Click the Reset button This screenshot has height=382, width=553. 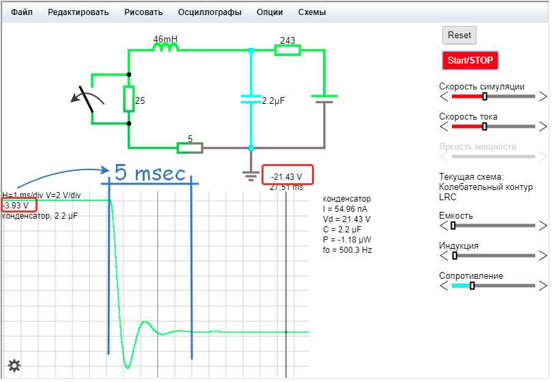459,35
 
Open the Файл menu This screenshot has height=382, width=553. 22,12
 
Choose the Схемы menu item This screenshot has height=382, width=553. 312,12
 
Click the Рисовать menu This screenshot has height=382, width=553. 143,12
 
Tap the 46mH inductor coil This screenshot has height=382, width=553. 165,49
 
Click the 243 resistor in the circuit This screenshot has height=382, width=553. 287,50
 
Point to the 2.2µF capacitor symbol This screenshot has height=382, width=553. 251,99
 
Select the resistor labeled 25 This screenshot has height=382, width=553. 129,99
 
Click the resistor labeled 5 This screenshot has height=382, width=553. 190,148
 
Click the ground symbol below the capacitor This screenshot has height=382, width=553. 251,174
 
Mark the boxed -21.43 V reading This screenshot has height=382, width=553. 287,176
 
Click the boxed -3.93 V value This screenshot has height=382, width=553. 18,205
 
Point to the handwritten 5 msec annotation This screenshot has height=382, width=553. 150,172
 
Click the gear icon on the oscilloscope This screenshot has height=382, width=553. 14,366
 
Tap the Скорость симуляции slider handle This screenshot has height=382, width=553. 485,96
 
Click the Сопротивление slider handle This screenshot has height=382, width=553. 472,286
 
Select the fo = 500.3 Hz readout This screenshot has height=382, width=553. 348,250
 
